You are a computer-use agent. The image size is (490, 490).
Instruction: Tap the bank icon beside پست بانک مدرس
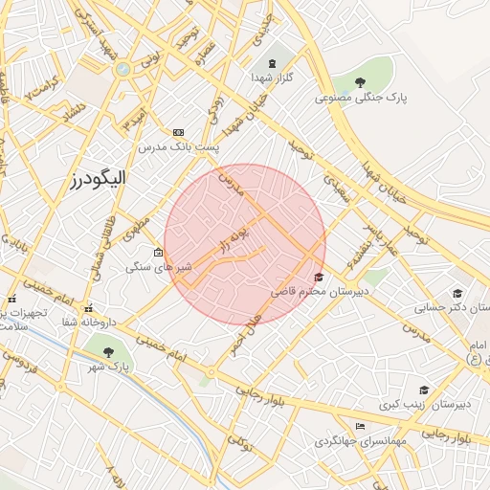[178, 132]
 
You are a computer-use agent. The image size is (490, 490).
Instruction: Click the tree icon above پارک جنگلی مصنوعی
[360, 82]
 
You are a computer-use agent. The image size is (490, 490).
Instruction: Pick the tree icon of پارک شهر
[107, 352]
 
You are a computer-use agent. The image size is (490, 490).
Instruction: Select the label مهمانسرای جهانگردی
[360, 441]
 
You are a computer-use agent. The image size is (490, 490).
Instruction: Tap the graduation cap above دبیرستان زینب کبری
[424, 390]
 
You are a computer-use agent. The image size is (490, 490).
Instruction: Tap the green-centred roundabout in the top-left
[122, 69]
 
